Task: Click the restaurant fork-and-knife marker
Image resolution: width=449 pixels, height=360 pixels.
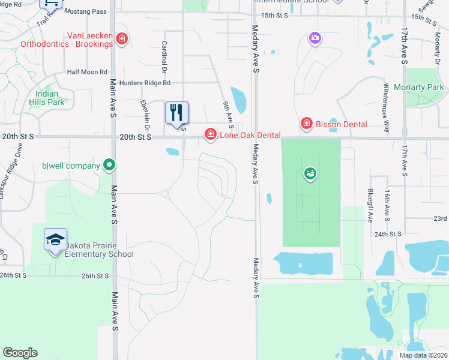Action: pyautogui.click(x=176, y=113)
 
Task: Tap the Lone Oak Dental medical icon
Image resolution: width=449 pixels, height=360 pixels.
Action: pyautogui.click(x=210, y=134)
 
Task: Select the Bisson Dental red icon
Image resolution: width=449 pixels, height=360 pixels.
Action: pyautogui.click(x=306, y=123)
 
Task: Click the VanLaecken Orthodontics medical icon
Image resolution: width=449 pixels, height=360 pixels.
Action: pyautogui.click(x=122, y=40)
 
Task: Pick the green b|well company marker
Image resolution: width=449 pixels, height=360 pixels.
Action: pyautogui.click(x=109, y=164)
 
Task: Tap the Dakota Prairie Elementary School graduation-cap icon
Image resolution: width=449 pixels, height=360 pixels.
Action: pyautogui.click(x=55, y=240)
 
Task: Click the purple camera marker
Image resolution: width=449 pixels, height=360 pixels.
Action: pyautogui.click(x=315, y=39)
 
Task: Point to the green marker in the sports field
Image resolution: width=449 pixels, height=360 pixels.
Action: pyautogui.click(x=310, y=175)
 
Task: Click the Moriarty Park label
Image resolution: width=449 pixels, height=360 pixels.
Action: pyautogui.click(x=418, y=88)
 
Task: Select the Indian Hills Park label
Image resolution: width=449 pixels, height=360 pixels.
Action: pyautogui.click(x=46, y=98)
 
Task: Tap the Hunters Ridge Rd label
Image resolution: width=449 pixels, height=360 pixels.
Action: pyautogui.click(x=145, y=83)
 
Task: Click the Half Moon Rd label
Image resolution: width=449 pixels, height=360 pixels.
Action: pyautogui.click(x=87, y=71)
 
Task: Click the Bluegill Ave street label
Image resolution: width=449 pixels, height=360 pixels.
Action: pyautogui.click(x=370, y=205)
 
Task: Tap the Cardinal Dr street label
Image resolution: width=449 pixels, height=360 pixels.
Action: pyautogui.click(x=164, y=55)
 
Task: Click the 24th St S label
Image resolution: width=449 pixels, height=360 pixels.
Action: pyautogui.click(x=387, y=233)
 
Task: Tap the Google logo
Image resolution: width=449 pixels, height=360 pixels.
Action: pyautogui.click(x=20, y=353)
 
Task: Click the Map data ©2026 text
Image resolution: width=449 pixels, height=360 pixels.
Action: pyautogui.click(x=423, y=355)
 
